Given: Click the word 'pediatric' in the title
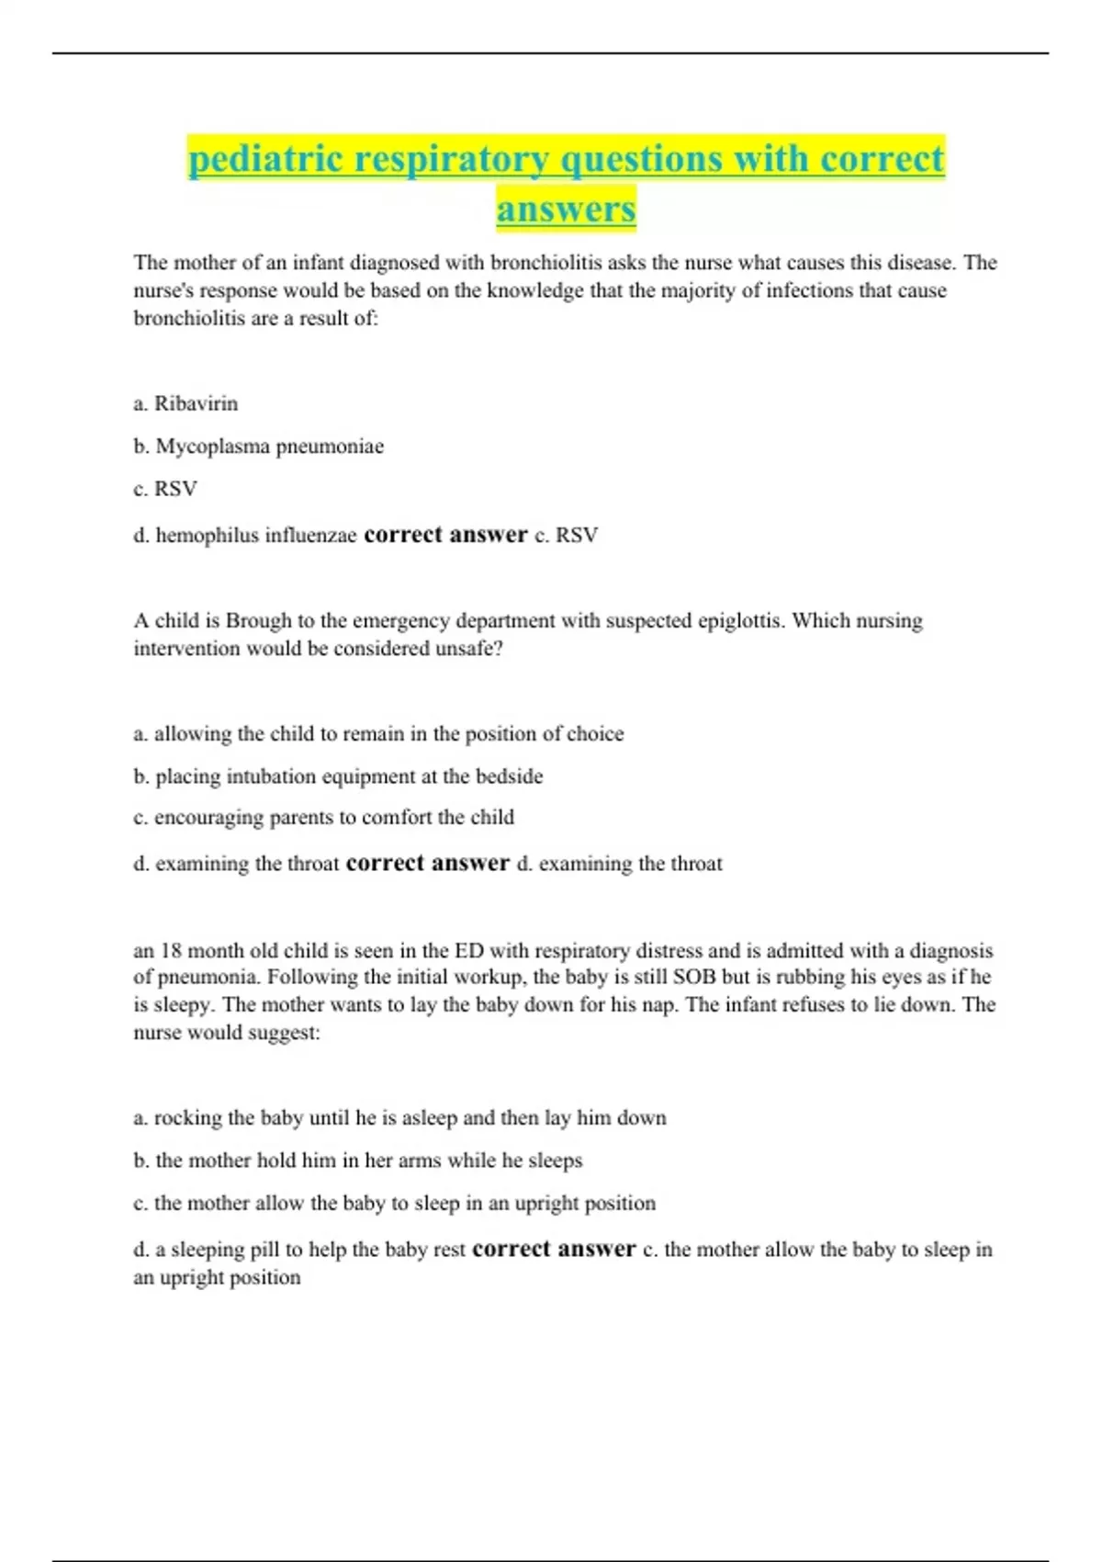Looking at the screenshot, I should [266, 159].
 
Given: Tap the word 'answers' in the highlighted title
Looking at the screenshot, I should [566, 209].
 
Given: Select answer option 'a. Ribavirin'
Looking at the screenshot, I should [186, 403].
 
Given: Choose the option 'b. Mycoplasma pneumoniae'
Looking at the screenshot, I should [258, 447].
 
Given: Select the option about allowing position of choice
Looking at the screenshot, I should [378, 734].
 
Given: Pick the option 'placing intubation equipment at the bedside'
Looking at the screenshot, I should [338, 776].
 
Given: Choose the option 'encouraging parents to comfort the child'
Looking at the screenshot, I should [323, 818].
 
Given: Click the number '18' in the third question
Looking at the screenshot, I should [171, 951].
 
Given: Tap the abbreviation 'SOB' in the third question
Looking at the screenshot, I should [694, 978].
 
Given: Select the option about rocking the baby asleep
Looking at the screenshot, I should [399, 1118].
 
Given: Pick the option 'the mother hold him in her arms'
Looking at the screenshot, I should [358, 1160].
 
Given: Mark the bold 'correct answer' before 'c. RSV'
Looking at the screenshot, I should [445, 535].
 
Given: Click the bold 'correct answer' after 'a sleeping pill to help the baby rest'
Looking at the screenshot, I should [554, 1250].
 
